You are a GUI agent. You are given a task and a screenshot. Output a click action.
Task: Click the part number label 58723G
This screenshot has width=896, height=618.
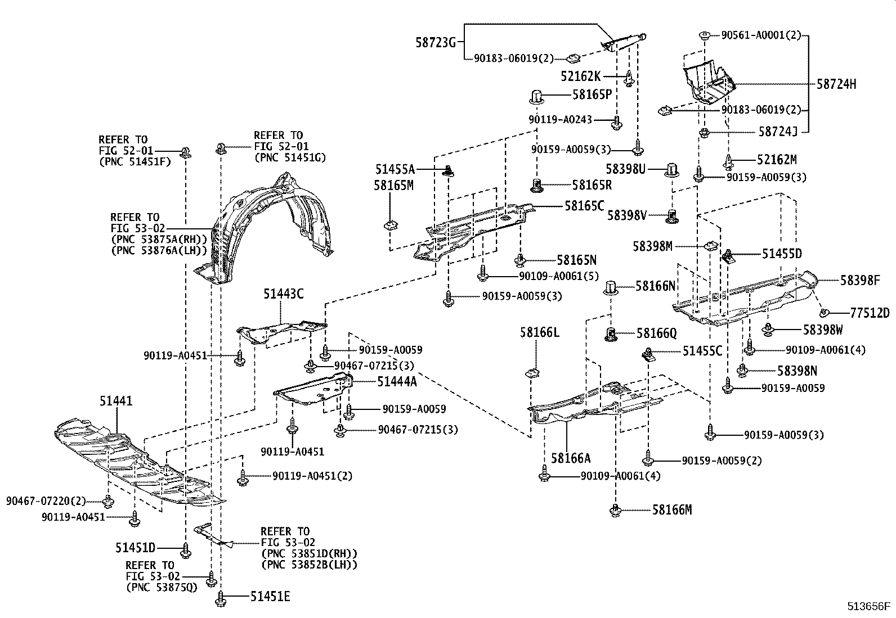[436, 42]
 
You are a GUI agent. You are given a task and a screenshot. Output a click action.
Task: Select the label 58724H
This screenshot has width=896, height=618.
[836, 84]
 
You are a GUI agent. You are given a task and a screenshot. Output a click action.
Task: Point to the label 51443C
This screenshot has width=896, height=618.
[284, 294]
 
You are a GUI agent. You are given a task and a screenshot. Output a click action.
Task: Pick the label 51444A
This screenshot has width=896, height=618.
[397, 382]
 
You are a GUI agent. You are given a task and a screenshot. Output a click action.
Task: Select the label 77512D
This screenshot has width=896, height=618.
[870, 313]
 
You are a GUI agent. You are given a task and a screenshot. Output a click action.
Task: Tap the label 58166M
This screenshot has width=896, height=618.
[672, 510]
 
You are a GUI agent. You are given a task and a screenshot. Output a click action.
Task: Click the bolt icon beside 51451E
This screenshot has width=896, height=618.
[220, 598]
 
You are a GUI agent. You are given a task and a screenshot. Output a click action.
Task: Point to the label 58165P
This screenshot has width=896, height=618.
[592, 94]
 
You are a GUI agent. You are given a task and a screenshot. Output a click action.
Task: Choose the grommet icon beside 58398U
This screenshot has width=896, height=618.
[671, 169]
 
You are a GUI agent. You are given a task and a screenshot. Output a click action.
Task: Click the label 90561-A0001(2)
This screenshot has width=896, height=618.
[761, 35]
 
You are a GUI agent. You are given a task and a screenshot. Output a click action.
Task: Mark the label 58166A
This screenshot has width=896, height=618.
[571, 458]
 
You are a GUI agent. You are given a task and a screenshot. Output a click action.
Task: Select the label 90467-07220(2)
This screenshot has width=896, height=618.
[46, 500]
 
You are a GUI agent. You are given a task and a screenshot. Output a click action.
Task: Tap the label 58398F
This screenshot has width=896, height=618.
[860, 280]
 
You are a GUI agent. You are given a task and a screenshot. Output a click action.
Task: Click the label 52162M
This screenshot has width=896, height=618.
[777, 160]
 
